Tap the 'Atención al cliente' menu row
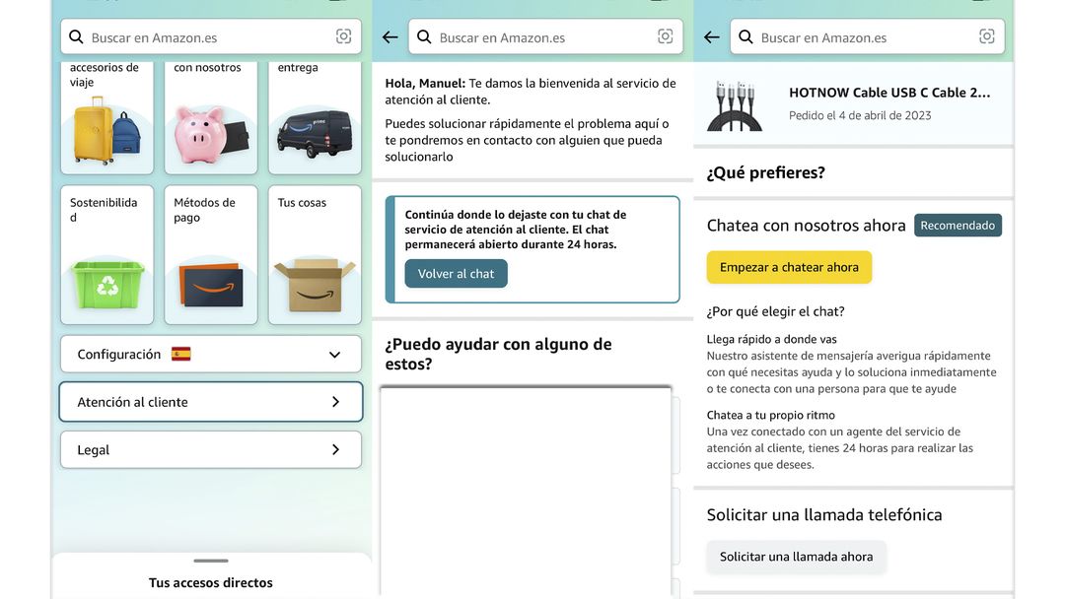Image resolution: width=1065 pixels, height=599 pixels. tap(210, 402)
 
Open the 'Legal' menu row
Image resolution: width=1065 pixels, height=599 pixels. tap(210, 449)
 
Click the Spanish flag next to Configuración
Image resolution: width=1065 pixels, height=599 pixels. tap(180, 354)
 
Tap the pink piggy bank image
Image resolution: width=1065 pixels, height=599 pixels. tap(203, 135)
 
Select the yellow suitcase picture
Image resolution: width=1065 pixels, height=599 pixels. tap(94, 130)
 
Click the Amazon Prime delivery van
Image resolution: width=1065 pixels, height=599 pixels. tap(314, 134)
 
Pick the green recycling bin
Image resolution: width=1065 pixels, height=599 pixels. tap(106, 283)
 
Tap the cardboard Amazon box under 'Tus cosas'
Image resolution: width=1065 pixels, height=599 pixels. tap(314, 284)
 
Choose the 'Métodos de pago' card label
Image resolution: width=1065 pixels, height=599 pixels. tap(204, 210)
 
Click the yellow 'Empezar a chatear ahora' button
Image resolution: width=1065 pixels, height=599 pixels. tap(789, 267)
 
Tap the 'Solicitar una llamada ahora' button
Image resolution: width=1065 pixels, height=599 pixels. tap(796, 557)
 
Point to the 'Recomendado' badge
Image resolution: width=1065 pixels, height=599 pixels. tap(958, 226)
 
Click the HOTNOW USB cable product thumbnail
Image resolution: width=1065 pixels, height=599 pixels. tap(735, 104)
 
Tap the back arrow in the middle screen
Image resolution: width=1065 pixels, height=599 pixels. tap(390, 37)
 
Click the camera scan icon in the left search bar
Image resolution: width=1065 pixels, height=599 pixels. tap(343, 36)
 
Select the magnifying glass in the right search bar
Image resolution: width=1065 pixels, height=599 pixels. tap(745, 37)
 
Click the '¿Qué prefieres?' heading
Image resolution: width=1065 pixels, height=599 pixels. tap(765, 173)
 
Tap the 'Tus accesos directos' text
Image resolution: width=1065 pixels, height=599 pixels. tap(210, 582)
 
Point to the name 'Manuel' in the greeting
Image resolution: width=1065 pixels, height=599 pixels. tap(440, 84)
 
